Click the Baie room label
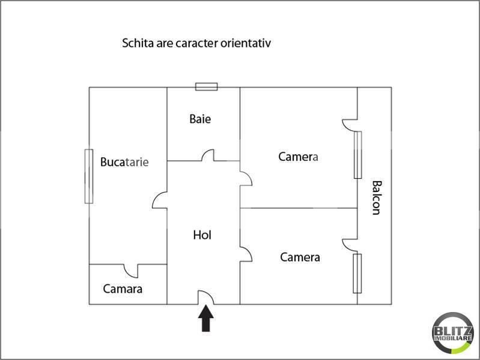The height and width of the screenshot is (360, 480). point(200,119)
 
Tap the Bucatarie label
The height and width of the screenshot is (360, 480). point(124,162)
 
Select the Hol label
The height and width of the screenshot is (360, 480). point(202,235)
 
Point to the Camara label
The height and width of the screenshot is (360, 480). point(123,289)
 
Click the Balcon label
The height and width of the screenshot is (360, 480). point(377,197)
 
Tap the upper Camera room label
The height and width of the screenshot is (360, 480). point(299,157)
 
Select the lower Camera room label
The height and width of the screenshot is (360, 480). point(300,257)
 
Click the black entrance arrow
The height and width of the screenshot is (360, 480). point(205,319)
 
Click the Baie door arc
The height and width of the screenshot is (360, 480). point(208,155)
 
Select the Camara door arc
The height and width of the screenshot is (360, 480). point(131,271)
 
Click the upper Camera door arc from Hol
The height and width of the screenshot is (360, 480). point(246,179)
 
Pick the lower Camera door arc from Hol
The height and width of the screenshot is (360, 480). point(246,254)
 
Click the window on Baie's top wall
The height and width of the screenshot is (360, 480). point(206,87)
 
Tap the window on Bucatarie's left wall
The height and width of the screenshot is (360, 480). point(89,176)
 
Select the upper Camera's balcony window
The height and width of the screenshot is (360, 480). point(358,155)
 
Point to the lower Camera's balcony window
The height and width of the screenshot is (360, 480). point(357,273)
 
